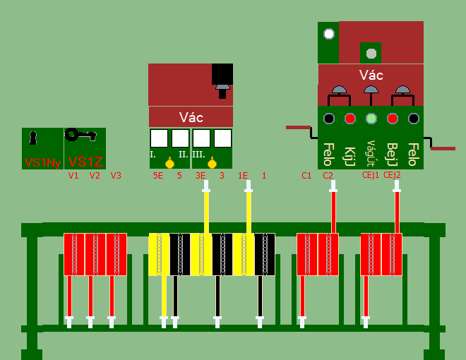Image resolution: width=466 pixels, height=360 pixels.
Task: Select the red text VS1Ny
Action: pyautogui.click(x=42, y=162)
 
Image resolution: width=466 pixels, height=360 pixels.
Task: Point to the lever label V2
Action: pyautogui.click(x=95, y=175)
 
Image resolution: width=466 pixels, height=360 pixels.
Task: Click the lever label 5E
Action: pyautogui.click(x=158, y=175)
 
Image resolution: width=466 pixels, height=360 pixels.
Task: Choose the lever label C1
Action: pyautogui.click(x=306, y=175)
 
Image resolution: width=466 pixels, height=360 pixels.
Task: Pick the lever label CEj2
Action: pyautogui.click(x=392, y=175)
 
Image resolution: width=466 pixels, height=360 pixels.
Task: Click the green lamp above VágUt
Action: pyautogui.click(x=371, y=119)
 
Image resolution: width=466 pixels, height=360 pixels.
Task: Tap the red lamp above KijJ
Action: pyautogui.click(x=349, y=119)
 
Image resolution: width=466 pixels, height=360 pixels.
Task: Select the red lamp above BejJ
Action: pyautogui.click(x=392, y=119)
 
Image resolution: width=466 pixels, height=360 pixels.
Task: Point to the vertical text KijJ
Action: pyautogui.click(x=349, y=153)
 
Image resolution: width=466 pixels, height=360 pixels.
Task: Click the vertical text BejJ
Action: pyautogui.click(x=392, y=153)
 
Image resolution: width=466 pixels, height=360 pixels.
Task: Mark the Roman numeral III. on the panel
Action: pyautogui.click(x=198, y=154)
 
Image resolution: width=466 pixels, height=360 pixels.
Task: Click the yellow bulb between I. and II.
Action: pyautogui.click(x=169, y=163)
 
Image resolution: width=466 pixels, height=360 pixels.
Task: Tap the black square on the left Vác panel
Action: pyautogui.click(x=222, y=73)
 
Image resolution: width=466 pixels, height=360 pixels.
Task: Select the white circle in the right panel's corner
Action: pyautogui.click(x=328, y=33)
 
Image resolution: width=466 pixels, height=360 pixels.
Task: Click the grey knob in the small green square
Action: pyautogui.click(x=371, y=52)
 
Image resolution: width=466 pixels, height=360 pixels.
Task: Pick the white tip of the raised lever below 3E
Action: pyautogui.click(x=206, y=186)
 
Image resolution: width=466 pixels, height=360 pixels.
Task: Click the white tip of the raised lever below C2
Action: pyautogui.click(x=333, y=186)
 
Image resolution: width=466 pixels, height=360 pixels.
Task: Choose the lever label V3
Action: pyautogui.click(x=116, y=175)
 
